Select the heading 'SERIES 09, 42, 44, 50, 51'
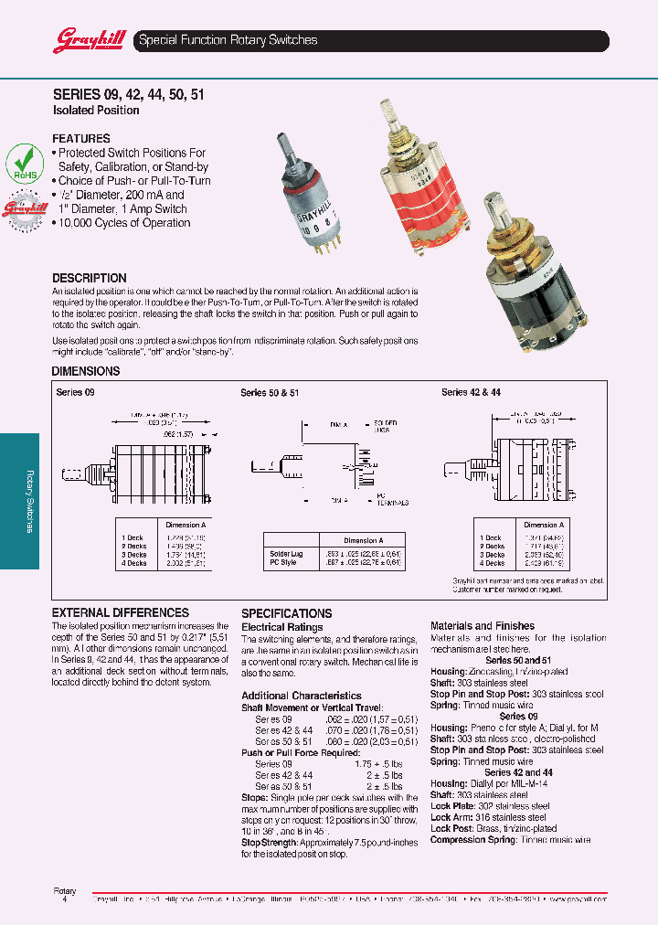click(x=127, y=93)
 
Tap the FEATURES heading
click(x=81, y=139)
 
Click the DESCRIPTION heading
click(x=89, y=278)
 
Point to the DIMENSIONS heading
click(x=86, y=371)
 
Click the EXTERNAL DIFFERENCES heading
click(x=120, y=612)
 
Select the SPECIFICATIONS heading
click(x=286, y=613)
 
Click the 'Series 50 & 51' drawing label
click(x=270, y=392)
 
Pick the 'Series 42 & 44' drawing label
click(x=471, y=392)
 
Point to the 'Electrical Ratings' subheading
click(x=281, y=627)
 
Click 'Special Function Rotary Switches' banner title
click(x=228, y=40)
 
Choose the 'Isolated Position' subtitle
click(x=96, y=111)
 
